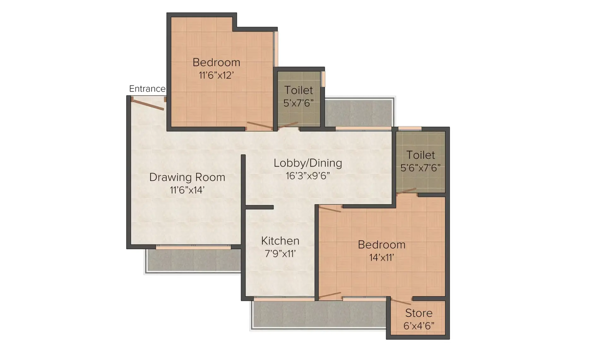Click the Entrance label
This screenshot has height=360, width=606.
147,89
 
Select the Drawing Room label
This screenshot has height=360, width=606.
187,177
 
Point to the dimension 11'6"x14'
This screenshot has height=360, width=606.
187,190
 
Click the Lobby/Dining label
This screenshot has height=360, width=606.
308,163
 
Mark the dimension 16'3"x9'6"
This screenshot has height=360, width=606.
308,176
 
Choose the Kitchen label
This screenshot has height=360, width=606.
280,241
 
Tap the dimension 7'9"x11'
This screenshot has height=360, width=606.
280,254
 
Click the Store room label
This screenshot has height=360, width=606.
419,313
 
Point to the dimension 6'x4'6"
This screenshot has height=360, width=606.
419,326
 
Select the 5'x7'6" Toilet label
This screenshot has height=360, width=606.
299,90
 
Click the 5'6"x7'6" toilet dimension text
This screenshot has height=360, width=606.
420,168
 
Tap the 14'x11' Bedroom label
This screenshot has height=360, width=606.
382,245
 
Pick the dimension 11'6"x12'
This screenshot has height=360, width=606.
216,75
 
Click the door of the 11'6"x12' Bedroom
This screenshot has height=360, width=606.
259,126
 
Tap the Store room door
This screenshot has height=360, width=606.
401,302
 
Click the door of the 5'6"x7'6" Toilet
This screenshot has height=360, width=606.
406,191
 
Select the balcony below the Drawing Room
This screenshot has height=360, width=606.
193,261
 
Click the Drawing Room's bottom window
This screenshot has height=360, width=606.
193,248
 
